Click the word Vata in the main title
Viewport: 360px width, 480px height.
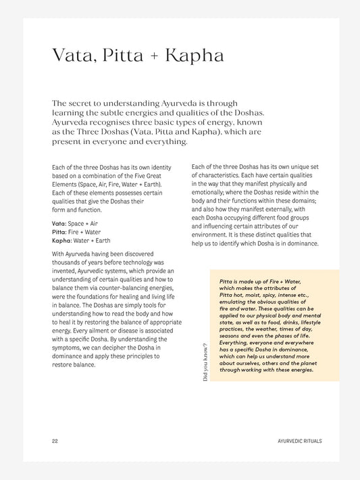[72, 55]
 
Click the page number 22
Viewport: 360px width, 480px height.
[54, 441]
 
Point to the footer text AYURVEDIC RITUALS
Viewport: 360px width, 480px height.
[299, 441]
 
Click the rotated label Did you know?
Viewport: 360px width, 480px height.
[205, 362]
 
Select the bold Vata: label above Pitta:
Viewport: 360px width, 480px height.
[59, 223]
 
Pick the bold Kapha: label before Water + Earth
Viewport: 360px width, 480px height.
[62, 241]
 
